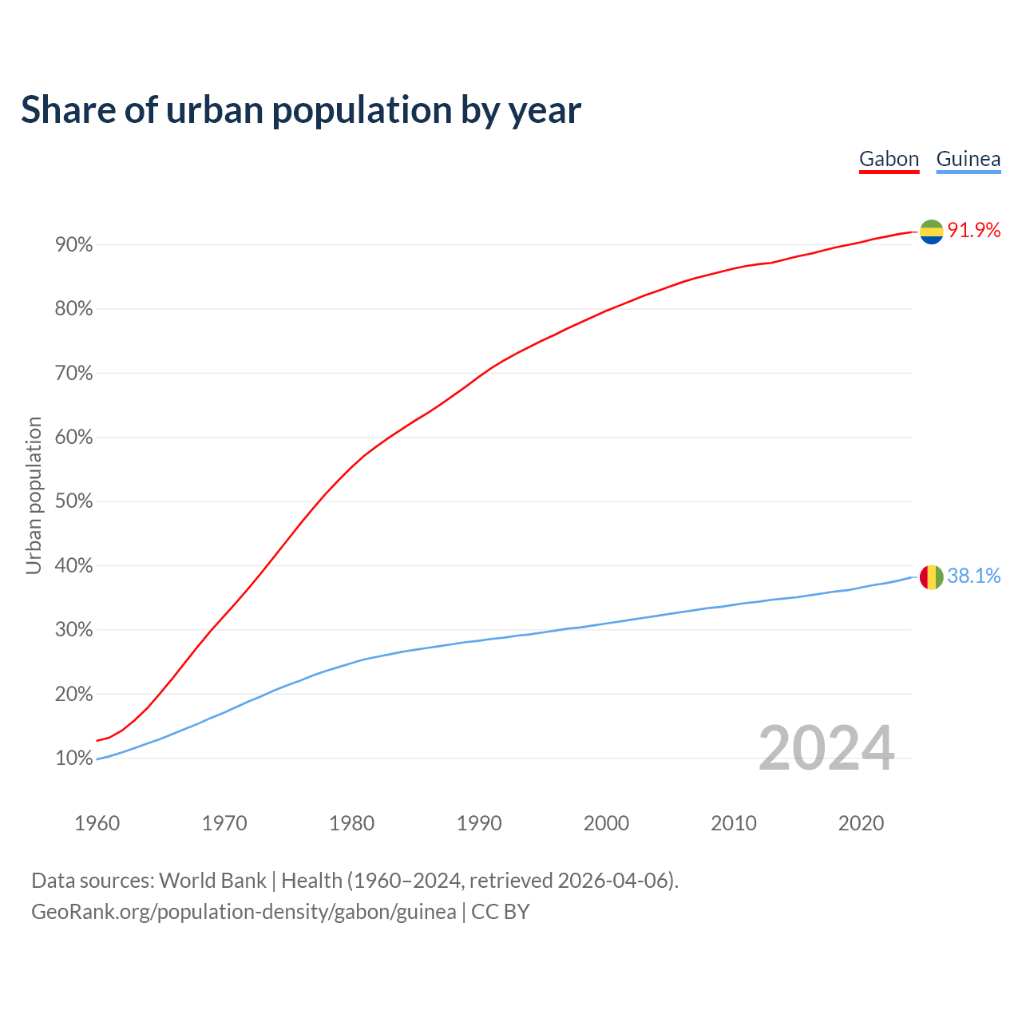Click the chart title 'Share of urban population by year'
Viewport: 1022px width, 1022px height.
point(301,110)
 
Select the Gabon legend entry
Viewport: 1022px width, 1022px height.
point(889,159)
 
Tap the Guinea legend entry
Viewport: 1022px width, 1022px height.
point(968,159)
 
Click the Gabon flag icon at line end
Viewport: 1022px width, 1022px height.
point(931,232)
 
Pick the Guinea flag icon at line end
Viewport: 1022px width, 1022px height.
point(931,576)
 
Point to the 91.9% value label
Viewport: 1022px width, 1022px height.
point(974,231)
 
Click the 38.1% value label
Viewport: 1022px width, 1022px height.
point(974,576)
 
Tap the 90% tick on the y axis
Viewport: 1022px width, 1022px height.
point(74,245)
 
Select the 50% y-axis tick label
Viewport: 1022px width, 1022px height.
point(74,501)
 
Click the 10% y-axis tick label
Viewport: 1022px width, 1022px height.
point(74,759)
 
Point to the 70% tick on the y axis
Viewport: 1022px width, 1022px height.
point(74,374)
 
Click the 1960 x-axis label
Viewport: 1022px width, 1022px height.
point(97,823)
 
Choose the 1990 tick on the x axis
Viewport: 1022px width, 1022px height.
point(479,823)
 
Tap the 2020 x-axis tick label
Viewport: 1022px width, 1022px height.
point(861,823)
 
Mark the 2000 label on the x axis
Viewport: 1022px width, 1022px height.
point(606,823)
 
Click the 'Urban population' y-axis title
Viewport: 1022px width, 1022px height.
point(34,496)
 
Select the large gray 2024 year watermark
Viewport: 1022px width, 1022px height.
point(826,748)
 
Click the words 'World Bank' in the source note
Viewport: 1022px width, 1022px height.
point(212,881)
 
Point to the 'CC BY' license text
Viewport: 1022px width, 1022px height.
point(501,912)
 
